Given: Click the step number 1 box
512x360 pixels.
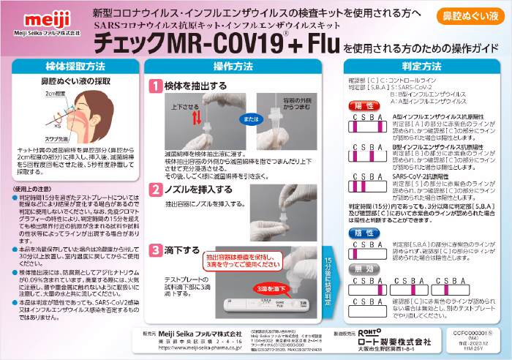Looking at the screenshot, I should [155, 86].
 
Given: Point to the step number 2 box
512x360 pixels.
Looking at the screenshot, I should [155, 190].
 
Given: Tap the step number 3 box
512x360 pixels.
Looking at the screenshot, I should [155, 250].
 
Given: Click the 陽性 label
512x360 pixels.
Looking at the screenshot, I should [365, 106].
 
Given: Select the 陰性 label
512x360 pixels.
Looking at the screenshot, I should [365, 232].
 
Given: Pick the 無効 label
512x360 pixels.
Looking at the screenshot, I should [365, 271].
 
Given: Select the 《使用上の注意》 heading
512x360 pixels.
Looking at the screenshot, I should [33, 188].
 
